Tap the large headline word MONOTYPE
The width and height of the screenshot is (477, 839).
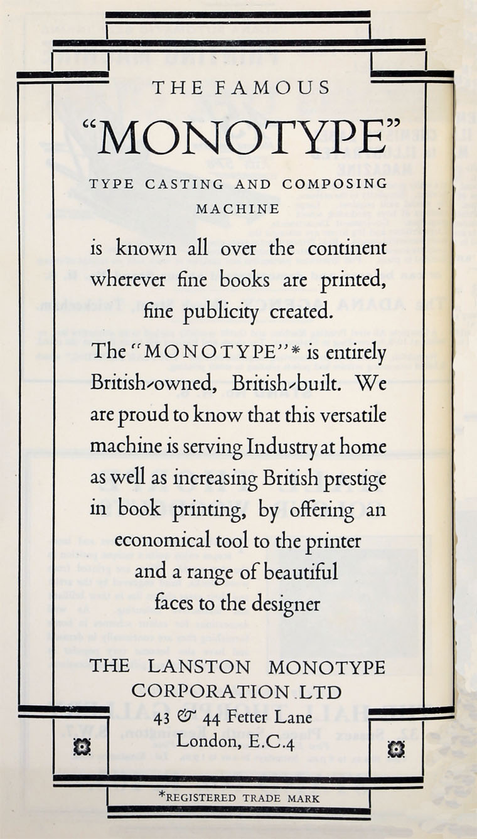pos(242,137)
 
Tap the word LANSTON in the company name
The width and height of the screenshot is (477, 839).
pos(200,667)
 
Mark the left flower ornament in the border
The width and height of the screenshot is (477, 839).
pos(82,747)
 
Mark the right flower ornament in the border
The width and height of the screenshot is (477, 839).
pos(395,748)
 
